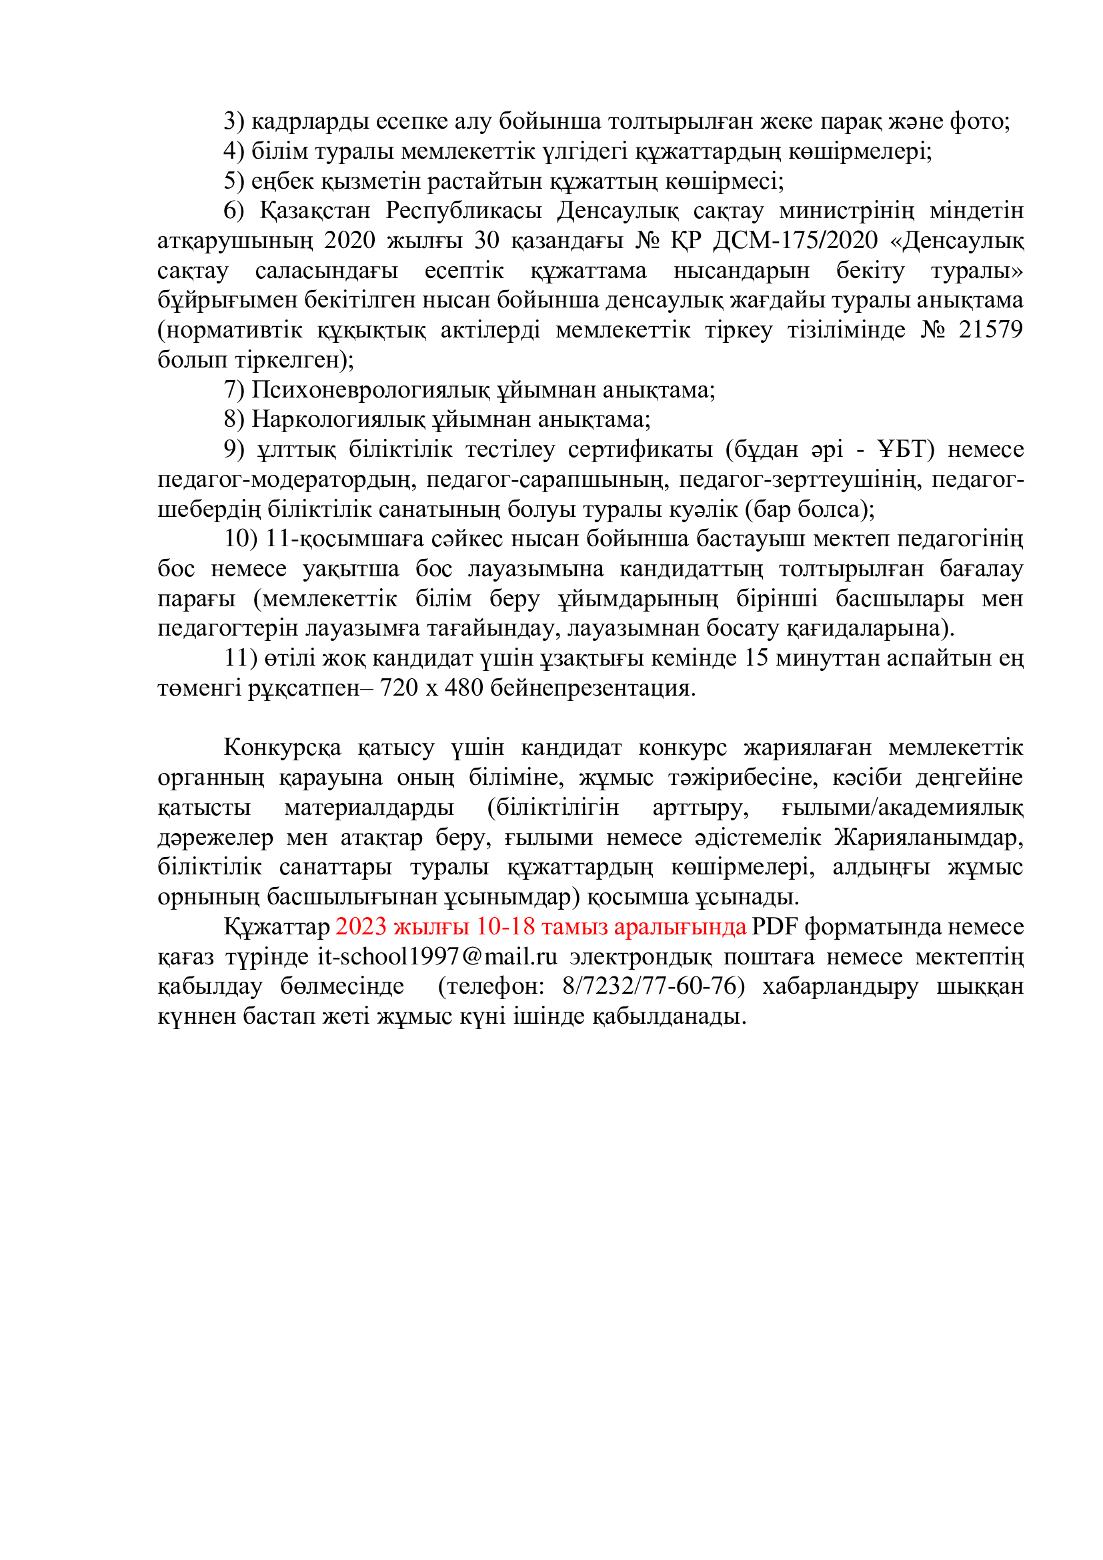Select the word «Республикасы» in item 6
coord(464,211)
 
